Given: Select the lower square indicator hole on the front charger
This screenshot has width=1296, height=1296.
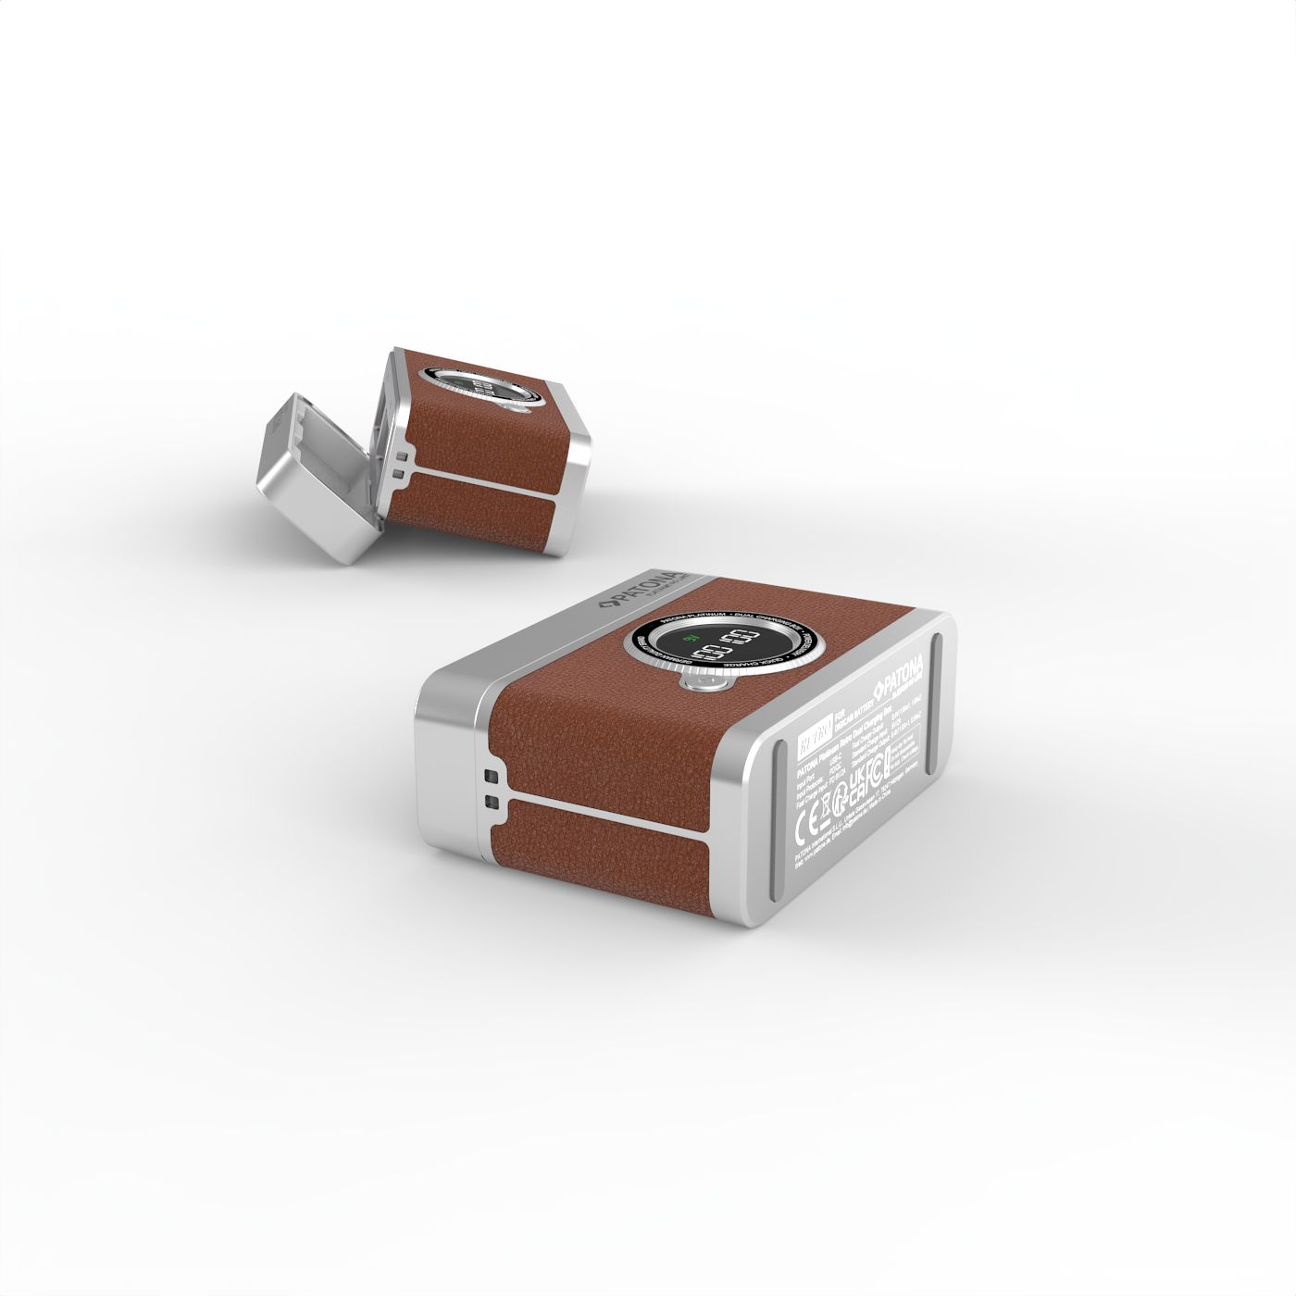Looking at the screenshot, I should [x=489, y=802].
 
